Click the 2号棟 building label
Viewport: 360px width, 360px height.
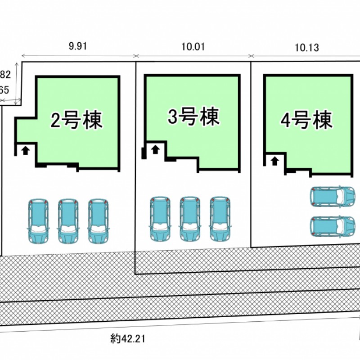pyautogui.click(x=76, y=120)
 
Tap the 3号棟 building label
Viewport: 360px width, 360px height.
pyautogui.click(x=193, y=117)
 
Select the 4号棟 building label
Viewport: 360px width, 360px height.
pyautogui.click(x=306, y=120)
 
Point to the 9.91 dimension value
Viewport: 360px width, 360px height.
pyautogui.click(x=77, y=46)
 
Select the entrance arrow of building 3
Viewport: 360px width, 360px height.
pyautogui.click(x=155, y=149)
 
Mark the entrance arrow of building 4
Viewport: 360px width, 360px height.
pyautogui.click(x=274, y=160)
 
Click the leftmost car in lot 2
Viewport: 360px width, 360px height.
pyautogui.click(x=38, y=221)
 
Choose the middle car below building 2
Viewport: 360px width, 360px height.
pyautogui.click(x=68, y=221)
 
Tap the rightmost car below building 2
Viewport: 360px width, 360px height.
pyautogui.click(x=98, y=221)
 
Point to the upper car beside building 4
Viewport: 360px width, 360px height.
pyautogui.click(x=333, y=196)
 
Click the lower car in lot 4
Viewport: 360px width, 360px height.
pyautogui.click(x=333, y=226)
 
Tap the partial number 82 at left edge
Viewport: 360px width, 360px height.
pyautogui.click(x=5, y=74)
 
